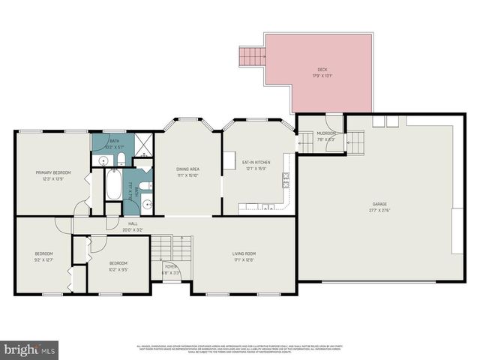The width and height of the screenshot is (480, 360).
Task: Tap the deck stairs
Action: pyautogui.click(x=253, y=56)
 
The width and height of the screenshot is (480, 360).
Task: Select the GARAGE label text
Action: pyautogui.click(x=379, y=202)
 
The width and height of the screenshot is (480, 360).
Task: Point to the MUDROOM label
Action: pyautogui.click(x=326, y=133)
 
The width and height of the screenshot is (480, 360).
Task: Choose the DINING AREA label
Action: pyautogui.click(x=187, y=169)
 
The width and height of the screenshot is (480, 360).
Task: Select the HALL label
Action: pyautogui.click(x=132, y=223)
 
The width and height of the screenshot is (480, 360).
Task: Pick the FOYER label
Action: pyautogui.click(x=171, y=266)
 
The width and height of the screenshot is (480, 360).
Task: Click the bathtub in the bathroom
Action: pyautogui.click(x=113, y=185)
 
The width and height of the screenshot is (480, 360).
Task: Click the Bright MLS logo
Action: pyautogui.click(x=30, y=349)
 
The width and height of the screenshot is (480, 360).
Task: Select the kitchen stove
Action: pyautogui.click(x=286, y=179)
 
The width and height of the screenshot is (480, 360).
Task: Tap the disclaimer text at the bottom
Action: pyautogui.click(x=240, y=349)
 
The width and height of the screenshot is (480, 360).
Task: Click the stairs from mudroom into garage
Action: pyautogui.click(x=355, y=139)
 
